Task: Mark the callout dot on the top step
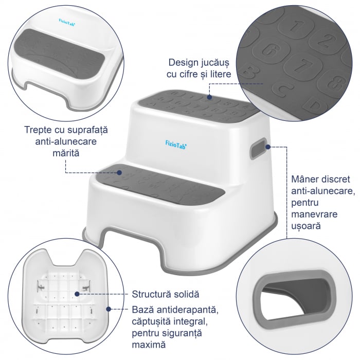pyautogui.click(x=209, y=96)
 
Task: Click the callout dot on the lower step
pyautogui.click(x=120, y=172)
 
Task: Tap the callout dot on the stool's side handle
pyautogui.click(x=268, y=147)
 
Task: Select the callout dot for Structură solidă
pyautogui.click(x=77, y=294)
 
